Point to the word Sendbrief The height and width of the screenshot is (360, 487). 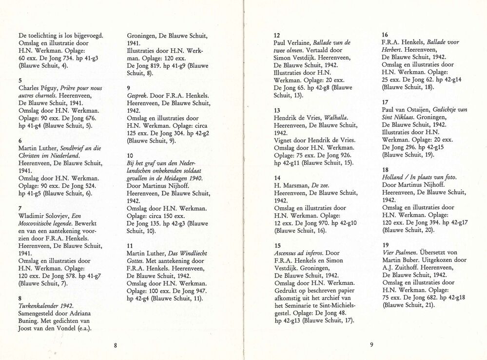(71, 148)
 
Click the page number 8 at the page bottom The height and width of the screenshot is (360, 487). (116, 345)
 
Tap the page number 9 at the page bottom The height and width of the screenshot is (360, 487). (371, 345)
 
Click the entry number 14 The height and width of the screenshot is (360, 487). (277, 178)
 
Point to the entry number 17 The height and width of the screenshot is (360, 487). (385, 102)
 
